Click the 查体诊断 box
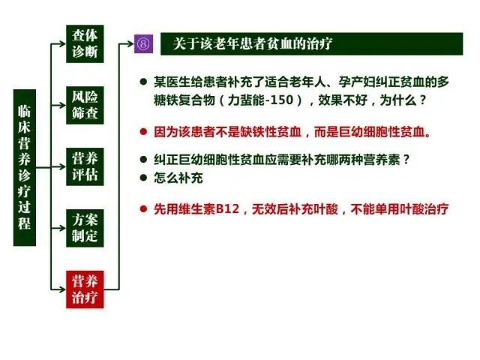(x=85, y=43)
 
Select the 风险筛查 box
(x=85, y=105)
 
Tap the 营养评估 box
(x=85, y=166)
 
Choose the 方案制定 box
(x=85, y=228)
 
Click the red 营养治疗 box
(x=85, y=289)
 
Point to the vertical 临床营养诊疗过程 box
(x=25, y=168)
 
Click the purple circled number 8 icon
(x=143, y=43)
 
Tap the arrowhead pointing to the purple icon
(x=130, y=43)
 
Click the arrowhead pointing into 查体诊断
(x=62, y=43)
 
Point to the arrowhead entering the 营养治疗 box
(x=62, y=289)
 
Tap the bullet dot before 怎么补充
(x=143, y=178)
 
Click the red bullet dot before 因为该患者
(x=143, y=132)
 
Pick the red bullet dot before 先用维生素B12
(x=143, y=209)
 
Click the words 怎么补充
(x=178, y=178)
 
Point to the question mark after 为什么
(x=423, y=100)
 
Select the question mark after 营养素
(x=406, y=159)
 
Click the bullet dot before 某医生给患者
(x=143, y=82)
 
